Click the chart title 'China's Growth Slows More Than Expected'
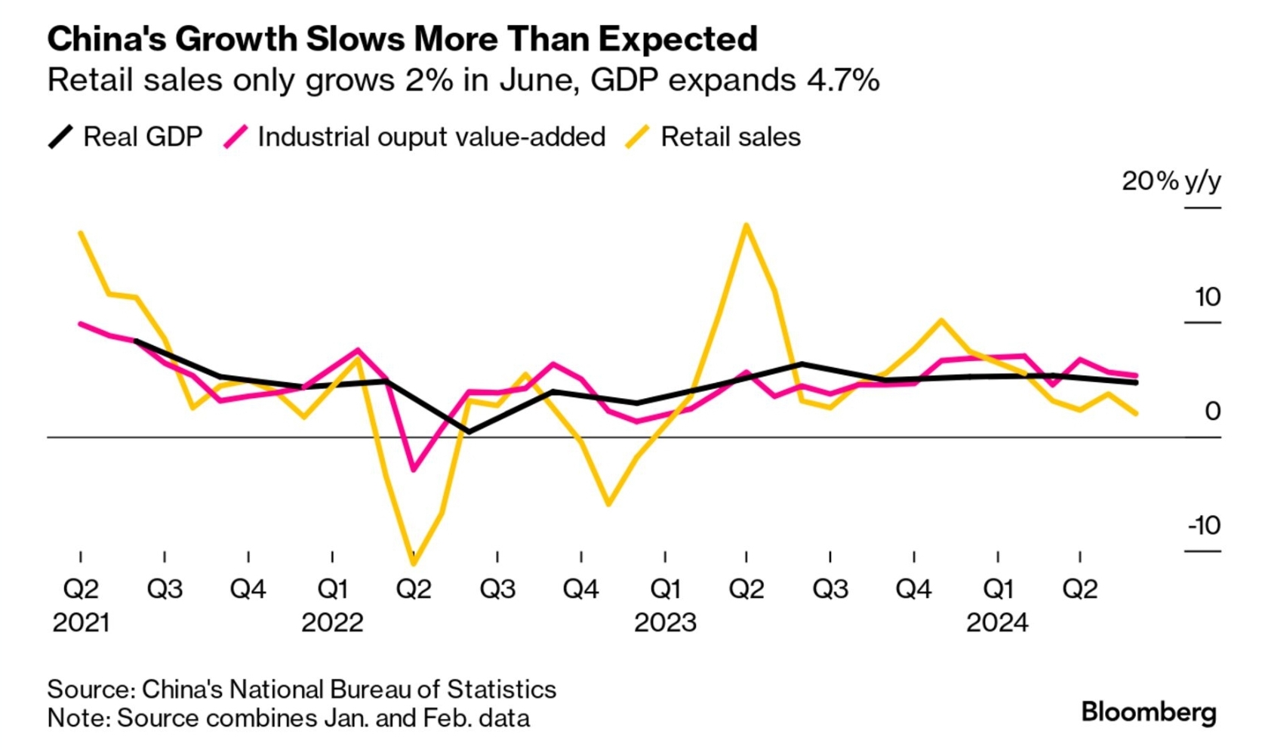[x=402, y=39]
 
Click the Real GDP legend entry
[x=125, y=137]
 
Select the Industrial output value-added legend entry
[x=415, y=137]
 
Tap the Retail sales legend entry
[x=713, y=137]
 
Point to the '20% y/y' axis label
[x=1171, y=181]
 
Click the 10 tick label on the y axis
[x=1208, y=297]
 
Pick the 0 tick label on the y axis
[x=1212, y=412]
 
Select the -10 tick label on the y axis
[x=1204, y=526]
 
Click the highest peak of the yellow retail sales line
[x=746, y=225]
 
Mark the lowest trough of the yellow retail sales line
[x=414, y=563]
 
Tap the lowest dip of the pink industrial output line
[x=413, y=470]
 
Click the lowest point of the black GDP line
[x=469, y=432]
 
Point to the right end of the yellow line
[x=1136, y=414]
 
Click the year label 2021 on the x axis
[x=81, y=622]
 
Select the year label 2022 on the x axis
[x=332, y=622]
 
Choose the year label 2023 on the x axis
[x=665, y=622]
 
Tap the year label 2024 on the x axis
[x=997, y=622]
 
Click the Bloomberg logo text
[x=1148, y=712]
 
